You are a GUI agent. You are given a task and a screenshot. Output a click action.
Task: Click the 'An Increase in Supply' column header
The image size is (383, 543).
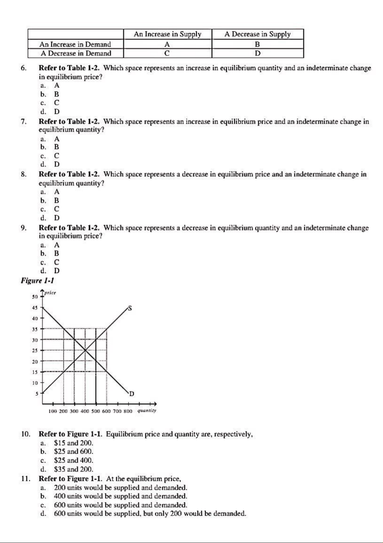[168, 34]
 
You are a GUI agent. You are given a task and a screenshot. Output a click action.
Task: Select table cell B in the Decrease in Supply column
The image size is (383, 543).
[257, 44]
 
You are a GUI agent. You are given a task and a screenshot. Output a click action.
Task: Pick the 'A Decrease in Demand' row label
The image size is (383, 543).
[76, 53]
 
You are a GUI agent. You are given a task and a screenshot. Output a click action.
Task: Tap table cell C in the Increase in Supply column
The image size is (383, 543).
[167, 53]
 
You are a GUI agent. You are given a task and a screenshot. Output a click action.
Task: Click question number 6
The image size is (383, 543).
[23, 68]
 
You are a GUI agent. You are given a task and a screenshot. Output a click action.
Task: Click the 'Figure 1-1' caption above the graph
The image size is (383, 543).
[37, 281]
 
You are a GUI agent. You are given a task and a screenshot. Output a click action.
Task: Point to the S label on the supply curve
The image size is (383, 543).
[130, 308]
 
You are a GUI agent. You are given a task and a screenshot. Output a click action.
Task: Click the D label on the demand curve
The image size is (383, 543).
[131, 394]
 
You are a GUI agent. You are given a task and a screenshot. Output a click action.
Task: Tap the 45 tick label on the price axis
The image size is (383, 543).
[35, 308]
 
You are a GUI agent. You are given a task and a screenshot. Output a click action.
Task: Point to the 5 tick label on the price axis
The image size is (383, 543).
[37, 393]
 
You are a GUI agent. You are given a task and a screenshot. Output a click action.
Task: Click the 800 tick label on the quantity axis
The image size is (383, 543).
[128, 411]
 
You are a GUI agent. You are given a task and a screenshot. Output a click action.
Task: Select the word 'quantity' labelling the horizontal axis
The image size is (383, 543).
[147, 411]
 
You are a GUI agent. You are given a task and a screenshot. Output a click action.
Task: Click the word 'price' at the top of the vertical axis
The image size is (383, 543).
[50, 293]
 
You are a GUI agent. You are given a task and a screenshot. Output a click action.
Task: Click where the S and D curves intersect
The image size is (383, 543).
[85, 350]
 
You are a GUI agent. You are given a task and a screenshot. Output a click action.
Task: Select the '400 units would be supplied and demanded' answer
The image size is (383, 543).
[120, 496]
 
